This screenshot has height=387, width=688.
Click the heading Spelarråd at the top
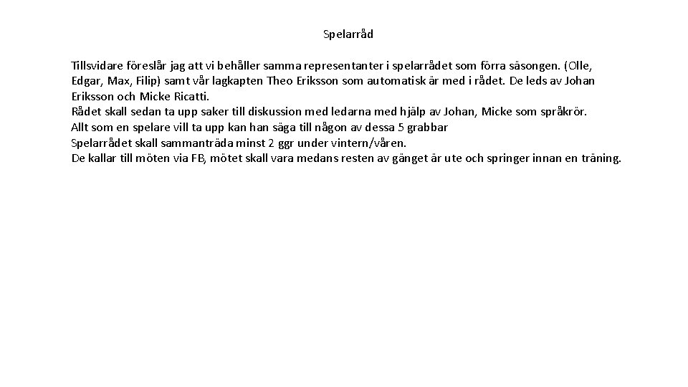(348, 34)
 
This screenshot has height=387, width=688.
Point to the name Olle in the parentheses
(580, 65)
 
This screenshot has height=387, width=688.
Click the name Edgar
(86, 81)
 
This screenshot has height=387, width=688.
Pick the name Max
(118, 81)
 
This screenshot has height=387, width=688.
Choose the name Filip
(147, 81)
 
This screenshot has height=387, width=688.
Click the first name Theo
(279, 81)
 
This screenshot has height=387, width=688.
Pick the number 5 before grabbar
(401, 128)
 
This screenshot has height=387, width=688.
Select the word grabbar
(428, 128)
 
